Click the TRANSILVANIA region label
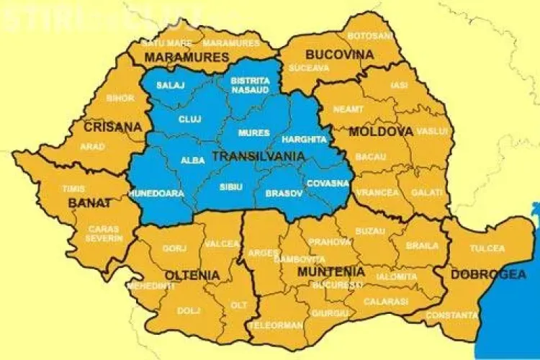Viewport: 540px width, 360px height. pyautogui.click(x=257, y=156)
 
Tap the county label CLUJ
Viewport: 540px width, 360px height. pyautogui.click(x=189, y=119)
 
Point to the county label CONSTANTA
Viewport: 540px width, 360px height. pyautogui.click(x=451, y=315)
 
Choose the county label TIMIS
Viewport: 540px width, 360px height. pyautogui.click(x=73, y=189)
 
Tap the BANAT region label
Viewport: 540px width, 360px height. pyautogui.click(x=90, y=203)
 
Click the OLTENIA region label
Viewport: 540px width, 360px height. pyautogui.click(x=192, y=275)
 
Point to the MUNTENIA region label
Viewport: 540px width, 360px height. pyautogui.click(x=330, y=271)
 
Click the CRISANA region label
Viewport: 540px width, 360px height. pyautogui.click(x=113, y=127)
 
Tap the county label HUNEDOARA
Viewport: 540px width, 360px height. pyautogui.click(x=152, y=194)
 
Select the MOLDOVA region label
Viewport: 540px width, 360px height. pyautogui.click(x=381, y=132)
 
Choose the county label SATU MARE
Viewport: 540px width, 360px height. pyautogui.click(x=166, y=43)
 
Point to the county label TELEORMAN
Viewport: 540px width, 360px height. pyautogui.click(x=276, y=325)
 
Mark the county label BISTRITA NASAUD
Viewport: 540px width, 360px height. pyautogui.click(x=250, y=86)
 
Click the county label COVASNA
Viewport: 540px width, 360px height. pyautogui.click(x=328, y=183)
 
